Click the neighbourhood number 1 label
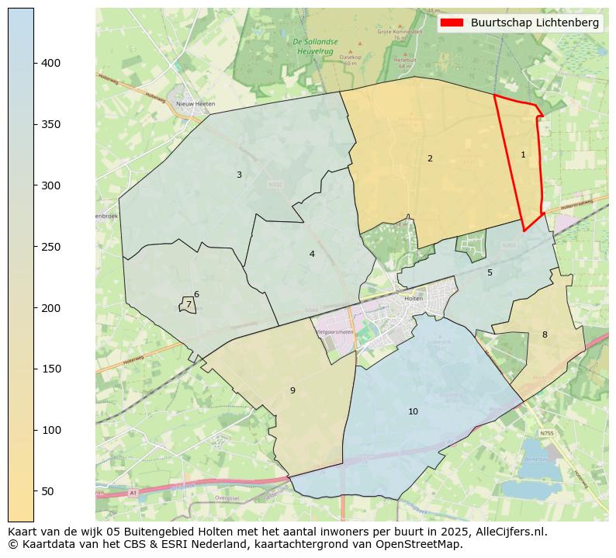coord(523,154)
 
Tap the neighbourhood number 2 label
coord(430,158)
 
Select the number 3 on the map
coord(239,175)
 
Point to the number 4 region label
coord(312,254)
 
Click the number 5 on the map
coord(490,272)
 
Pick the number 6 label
coord(196,294)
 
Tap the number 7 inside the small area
coord(188,305)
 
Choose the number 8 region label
coord(545,334)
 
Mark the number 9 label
coord(292,390)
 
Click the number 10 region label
coord(414,411)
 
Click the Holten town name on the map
coord(414,298)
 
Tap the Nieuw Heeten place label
coord(196,103)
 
